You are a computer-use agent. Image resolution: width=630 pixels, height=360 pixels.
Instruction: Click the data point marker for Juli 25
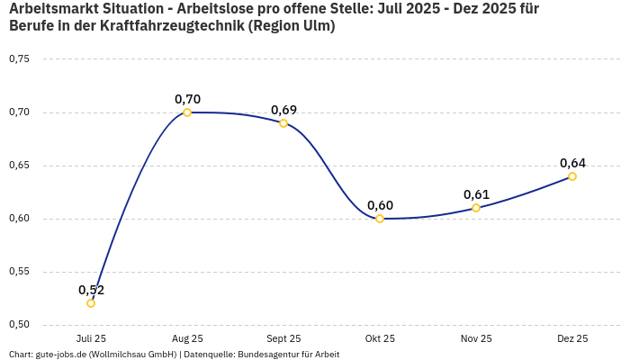[x=91, y=303]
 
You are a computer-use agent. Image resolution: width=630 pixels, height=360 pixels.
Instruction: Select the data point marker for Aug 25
[x=187, y=112]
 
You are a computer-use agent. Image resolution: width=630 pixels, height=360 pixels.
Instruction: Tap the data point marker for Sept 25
[x=283, y=123]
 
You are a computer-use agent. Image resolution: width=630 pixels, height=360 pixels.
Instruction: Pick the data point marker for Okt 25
[x=380, y=219]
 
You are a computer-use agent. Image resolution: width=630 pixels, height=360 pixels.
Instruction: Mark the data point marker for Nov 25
[x=476, y=208]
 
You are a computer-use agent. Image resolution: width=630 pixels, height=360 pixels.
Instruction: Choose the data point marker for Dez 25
[x=572, y=176]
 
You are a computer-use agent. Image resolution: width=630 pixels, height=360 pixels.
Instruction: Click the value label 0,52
[x=91, y=290]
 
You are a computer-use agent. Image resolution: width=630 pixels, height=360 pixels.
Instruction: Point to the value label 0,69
[x=283, y=110]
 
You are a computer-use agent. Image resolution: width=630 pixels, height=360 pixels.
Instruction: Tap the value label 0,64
[x=572, y=163]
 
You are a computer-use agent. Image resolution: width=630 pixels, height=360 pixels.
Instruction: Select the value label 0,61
[x=476, y=194]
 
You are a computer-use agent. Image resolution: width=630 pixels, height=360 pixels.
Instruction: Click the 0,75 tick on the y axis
[x=19, y=59]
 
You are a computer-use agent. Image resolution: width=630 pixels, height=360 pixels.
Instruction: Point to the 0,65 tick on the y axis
[x=19, y=166]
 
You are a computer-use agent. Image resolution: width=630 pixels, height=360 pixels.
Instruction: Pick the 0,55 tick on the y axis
[x=19, y=272]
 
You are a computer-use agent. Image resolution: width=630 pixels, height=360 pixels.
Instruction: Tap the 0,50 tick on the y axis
[x=19, y=325]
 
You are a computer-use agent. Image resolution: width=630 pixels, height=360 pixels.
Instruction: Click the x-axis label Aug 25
[x=187, y=339]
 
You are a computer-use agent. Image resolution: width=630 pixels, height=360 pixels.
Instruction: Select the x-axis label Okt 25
[x=380, y=339]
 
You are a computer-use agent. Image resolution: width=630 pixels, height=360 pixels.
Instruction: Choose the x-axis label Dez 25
[x=572, y=339]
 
